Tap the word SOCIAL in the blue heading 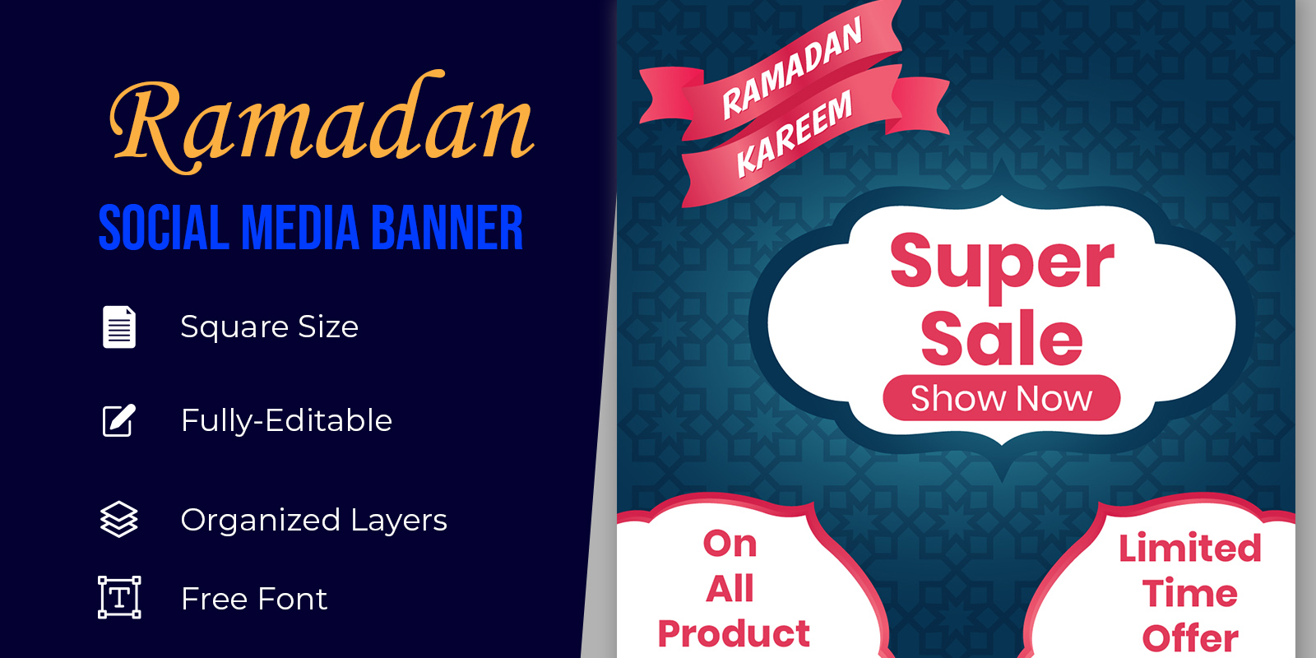tap(164, 228)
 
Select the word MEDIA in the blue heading tap(300, 228)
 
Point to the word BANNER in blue tap(447, 228)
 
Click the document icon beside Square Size tap(119, 327)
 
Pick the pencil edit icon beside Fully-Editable tap(119, 420)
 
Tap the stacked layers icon tap(119, 519)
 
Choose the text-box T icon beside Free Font tap(119, 597)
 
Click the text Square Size tap(270, 327)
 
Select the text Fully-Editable tap(287, 420)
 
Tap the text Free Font tap(254, 599)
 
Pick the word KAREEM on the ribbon tap(794, 135)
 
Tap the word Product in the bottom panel tap(734, 634)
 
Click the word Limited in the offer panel tap(1190, 548)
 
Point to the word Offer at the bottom tap(1190, 638)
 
